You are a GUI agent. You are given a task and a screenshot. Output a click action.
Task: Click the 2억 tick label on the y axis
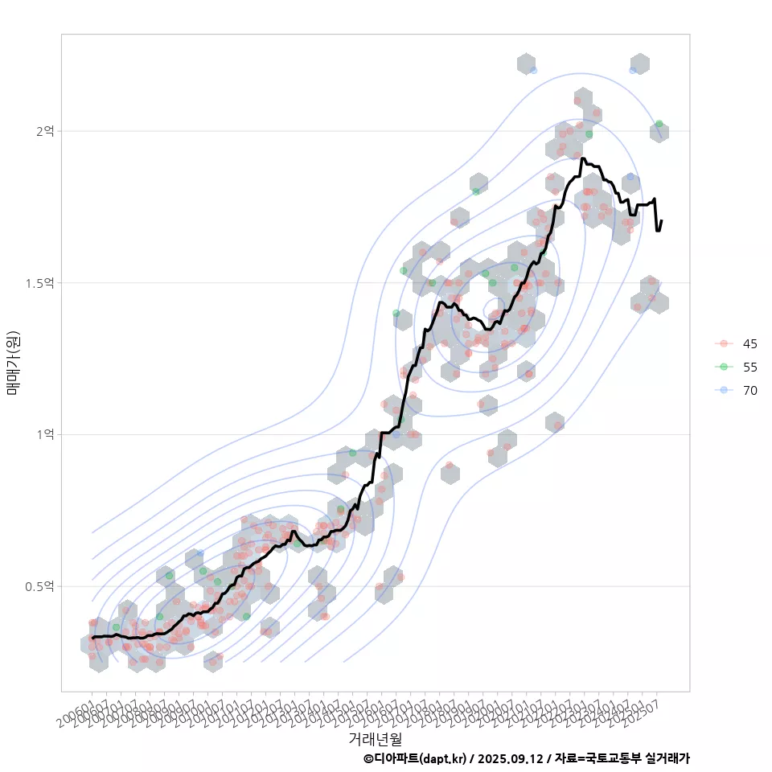[44, 131]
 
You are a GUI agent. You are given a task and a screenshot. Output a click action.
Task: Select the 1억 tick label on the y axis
[44, 435]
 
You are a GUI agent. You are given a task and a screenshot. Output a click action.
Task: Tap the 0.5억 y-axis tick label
[40, 587]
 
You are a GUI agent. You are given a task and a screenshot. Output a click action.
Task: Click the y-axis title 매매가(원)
[13, 363]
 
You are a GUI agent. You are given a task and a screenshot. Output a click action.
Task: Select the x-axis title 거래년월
[375, 738]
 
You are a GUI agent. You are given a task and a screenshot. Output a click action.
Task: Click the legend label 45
[749, 344]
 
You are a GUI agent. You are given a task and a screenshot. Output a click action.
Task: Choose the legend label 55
[749, 367]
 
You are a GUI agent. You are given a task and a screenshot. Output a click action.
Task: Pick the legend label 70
[749, 390]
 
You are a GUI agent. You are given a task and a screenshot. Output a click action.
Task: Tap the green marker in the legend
[724, 367]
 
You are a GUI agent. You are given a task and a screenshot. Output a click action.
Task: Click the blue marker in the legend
[724, 390]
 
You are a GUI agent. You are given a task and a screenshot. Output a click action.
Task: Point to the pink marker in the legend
[724, 344]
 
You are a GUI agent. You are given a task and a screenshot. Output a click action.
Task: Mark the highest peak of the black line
[582, 158]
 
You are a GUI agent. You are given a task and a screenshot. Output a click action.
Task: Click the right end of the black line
[661, 221]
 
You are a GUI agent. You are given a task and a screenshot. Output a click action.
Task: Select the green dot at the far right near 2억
[659, 124]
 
